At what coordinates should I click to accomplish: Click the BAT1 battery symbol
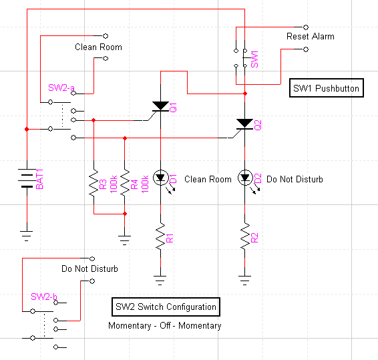click(27, 178)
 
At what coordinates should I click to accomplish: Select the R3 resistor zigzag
click(93, 183)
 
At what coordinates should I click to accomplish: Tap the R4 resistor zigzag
click(125, 183)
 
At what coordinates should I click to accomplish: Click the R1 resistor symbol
click(160, 236)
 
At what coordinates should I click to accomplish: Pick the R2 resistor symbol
click(244, 236)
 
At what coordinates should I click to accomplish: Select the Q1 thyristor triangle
click(160, 106)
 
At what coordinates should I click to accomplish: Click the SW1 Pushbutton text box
click(327, 88)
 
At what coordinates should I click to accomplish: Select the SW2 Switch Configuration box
click(166, 307)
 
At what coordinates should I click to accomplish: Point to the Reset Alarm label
click(311, 37)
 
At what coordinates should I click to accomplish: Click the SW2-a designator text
click(61, 87)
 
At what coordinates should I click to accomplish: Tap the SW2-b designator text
click(44, 297)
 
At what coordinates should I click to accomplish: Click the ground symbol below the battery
click(27, 236)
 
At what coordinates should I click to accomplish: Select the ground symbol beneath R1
click(160, 281)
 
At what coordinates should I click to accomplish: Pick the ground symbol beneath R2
click(244, 281)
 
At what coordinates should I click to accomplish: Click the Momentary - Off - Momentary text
click(165, 325)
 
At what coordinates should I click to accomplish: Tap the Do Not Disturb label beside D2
click(295, 179)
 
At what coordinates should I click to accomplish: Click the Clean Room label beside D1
click(208, 179)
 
